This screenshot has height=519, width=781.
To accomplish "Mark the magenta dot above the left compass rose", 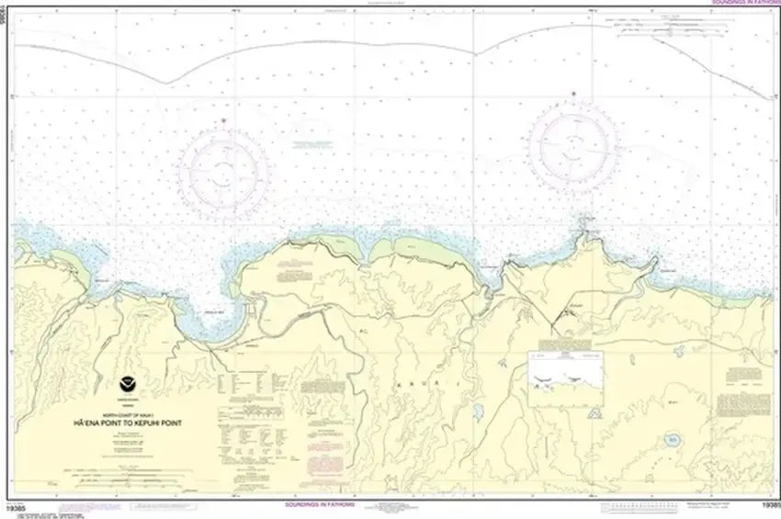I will [223, 121].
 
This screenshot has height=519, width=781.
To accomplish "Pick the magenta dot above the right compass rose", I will [572, 93].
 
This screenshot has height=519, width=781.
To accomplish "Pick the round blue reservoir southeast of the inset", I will [673, 442].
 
